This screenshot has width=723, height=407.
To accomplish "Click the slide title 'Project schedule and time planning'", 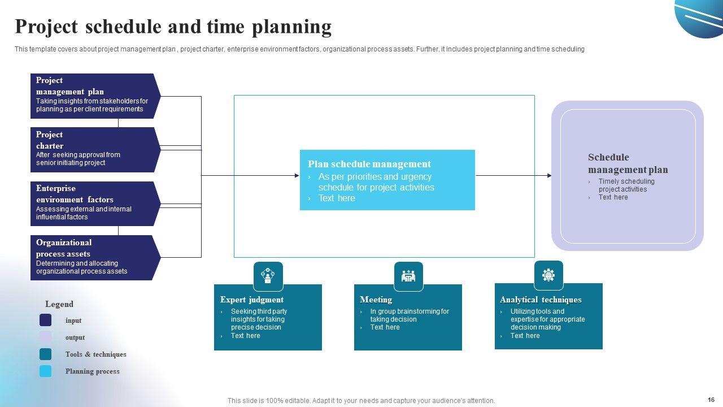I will click(x=173, y=27).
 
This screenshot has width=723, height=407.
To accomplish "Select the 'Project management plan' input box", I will click(x=94, y=96).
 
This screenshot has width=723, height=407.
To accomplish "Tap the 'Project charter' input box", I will click(x=94, y=150).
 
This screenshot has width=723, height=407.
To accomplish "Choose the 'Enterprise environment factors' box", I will click(x=94, y=203).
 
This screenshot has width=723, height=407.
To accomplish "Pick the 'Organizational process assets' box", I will click(x=94, y=258).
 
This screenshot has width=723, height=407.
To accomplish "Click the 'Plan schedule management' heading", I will click(x=369, y=164).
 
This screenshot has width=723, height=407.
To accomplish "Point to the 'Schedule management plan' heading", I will click(x=628, y=163).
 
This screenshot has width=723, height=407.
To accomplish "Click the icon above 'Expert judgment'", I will click(x=268, y=276).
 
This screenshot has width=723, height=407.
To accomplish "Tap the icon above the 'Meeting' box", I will click(x=408, y=276).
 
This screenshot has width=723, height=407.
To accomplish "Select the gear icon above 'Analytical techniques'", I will click(x=548, y=275).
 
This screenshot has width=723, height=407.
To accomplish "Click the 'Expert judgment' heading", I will click(x=251, y=300).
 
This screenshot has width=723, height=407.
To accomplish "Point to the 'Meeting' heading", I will click(x=376, y=300).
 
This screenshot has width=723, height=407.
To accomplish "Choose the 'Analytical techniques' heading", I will click(x=540, y=300).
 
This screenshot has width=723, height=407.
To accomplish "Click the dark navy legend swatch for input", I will click(x=45, y=321).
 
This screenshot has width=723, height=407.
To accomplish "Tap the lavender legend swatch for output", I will click(x=45, y=337).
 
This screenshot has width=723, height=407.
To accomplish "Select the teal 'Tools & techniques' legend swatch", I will click(x=45, y=354).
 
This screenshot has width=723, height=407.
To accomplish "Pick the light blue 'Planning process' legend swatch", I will click(x=45, y=371).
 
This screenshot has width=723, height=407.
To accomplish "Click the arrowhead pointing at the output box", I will click(x=549, y=176).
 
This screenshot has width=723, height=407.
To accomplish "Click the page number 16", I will click(x=711, y=400).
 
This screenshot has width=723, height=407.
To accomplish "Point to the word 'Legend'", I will click(x=59, y=304).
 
